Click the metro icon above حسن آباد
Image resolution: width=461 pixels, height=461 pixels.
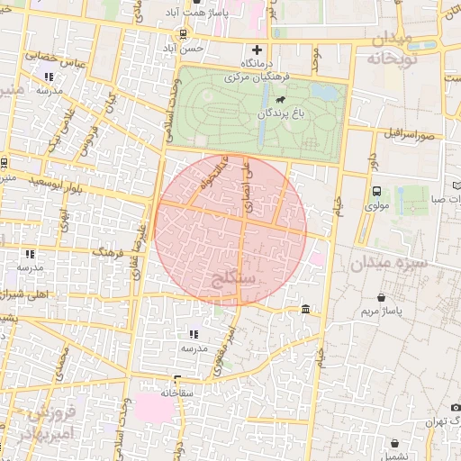click(x=184, y=33)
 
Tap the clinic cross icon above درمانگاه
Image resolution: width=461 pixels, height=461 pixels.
click(x=258, y=49)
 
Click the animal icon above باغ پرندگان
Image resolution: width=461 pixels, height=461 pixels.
click(x=282, y=99)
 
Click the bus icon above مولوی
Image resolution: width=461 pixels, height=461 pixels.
click(x=376, y=190)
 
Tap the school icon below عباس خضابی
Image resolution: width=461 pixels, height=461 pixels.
click(x=48, y=77)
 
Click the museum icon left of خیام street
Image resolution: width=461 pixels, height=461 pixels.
click(x=306, y=310)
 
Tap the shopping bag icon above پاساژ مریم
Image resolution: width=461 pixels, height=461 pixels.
click(x=382, y=297)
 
